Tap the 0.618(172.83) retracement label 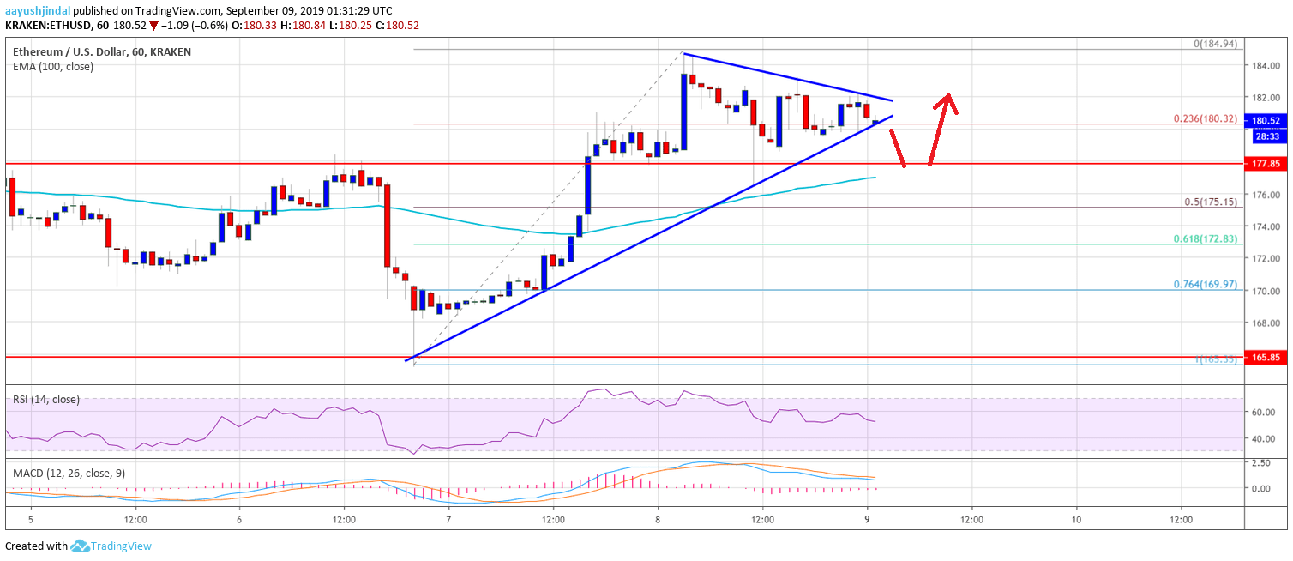[1205, 238]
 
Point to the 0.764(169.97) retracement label [1205, 284]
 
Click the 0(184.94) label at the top [1213, 43]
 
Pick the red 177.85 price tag [1266, 162]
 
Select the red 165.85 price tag [1266, 356]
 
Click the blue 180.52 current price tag [1266, 121]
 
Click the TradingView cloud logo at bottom [81, 546]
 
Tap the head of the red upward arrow [947, 98]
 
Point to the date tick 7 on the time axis [448, 519]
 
